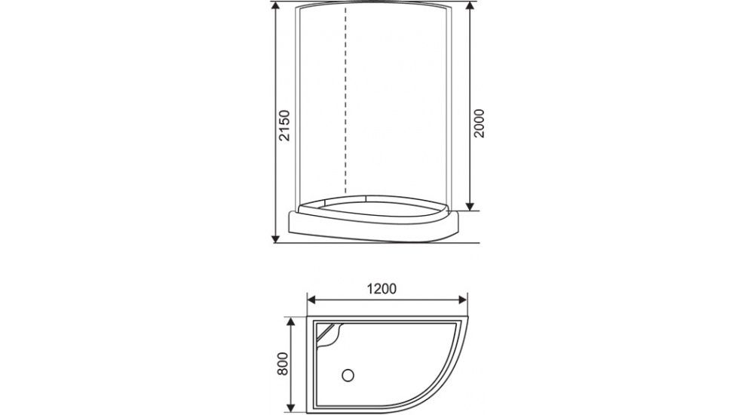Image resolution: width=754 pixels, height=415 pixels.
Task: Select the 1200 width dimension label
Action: [382, 288]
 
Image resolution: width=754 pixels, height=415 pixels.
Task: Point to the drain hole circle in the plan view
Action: [348, 373]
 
